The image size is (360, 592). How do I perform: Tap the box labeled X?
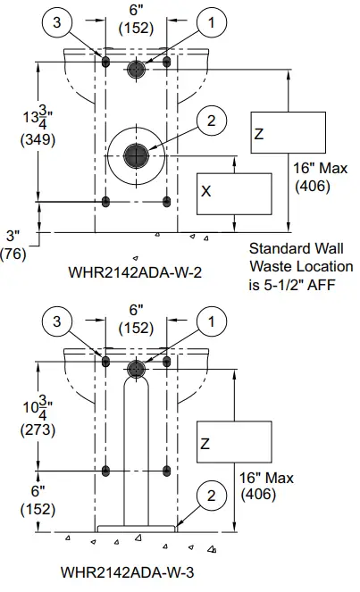click(x=233, y=191)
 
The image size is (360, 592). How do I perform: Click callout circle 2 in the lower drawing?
click(x=211, y=496)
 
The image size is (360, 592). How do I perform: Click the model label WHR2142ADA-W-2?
click(x=133, y=272)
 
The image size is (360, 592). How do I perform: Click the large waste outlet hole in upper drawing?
click(x=136, y=154)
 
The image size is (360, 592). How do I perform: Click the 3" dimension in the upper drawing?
click(x=13, y=237)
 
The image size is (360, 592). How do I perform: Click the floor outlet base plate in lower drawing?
click(x=136, y=529)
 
